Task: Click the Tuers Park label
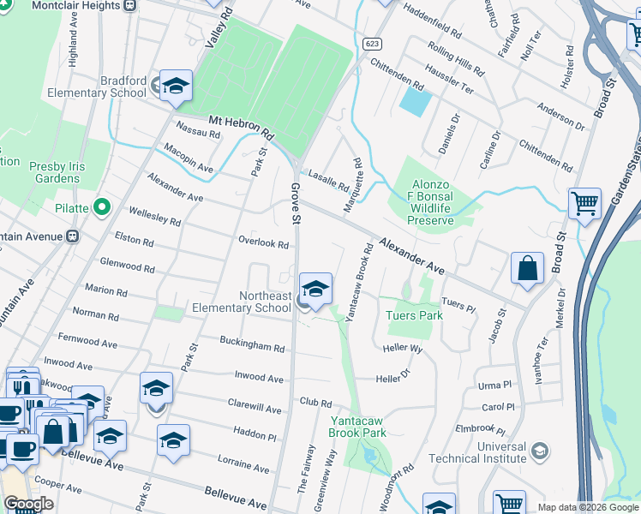[x=414, y=315]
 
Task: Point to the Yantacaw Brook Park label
[x=357, y=426]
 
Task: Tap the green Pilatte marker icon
[x=103, y=206]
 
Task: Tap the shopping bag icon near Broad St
[x=527, y=267]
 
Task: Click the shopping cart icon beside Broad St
[x=584, y=204]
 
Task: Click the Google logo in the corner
[x=28, y=505]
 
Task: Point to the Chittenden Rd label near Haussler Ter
[x=397, y=75]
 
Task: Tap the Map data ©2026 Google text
[x=587, y=507]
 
